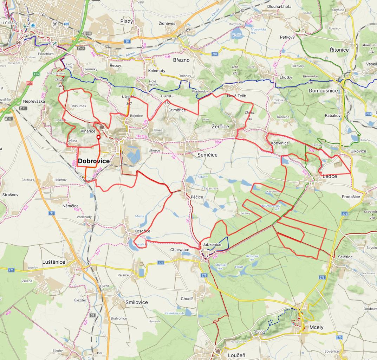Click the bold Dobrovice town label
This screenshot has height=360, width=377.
coord(93,161)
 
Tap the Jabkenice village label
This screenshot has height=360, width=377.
coord(212,245)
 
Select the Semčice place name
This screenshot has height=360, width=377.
coord(207,155)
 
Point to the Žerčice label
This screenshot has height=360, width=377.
coord(220,127)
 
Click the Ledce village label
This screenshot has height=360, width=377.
coord(330,176)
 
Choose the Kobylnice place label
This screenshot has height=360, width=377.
coord(280,143)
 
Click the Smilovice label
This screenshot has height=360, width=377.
coord(137,302)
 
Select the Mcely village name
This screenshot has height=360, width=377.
coord(316,327)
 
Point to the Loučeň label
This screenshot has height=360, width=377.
coord(236,355)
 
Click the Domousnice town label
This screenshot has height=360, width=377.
coord(323,91)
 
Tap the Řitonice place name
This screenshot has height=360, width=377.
coord(339,50)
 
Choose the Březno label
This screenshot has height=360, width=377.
coord(181,60)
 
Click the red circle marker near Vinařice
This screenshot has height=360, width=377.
coord(99,137)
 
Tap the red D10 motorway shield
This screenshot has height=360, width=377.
coord(29,83)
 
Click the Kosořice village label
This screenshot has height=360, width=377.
coord(142,231)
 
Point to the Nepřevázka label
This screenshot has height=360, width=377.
coord(34,101)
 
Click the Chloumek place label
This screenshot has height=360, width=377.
coord(78,106)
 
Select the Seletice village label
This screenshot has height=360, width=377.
coord(345,257)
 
